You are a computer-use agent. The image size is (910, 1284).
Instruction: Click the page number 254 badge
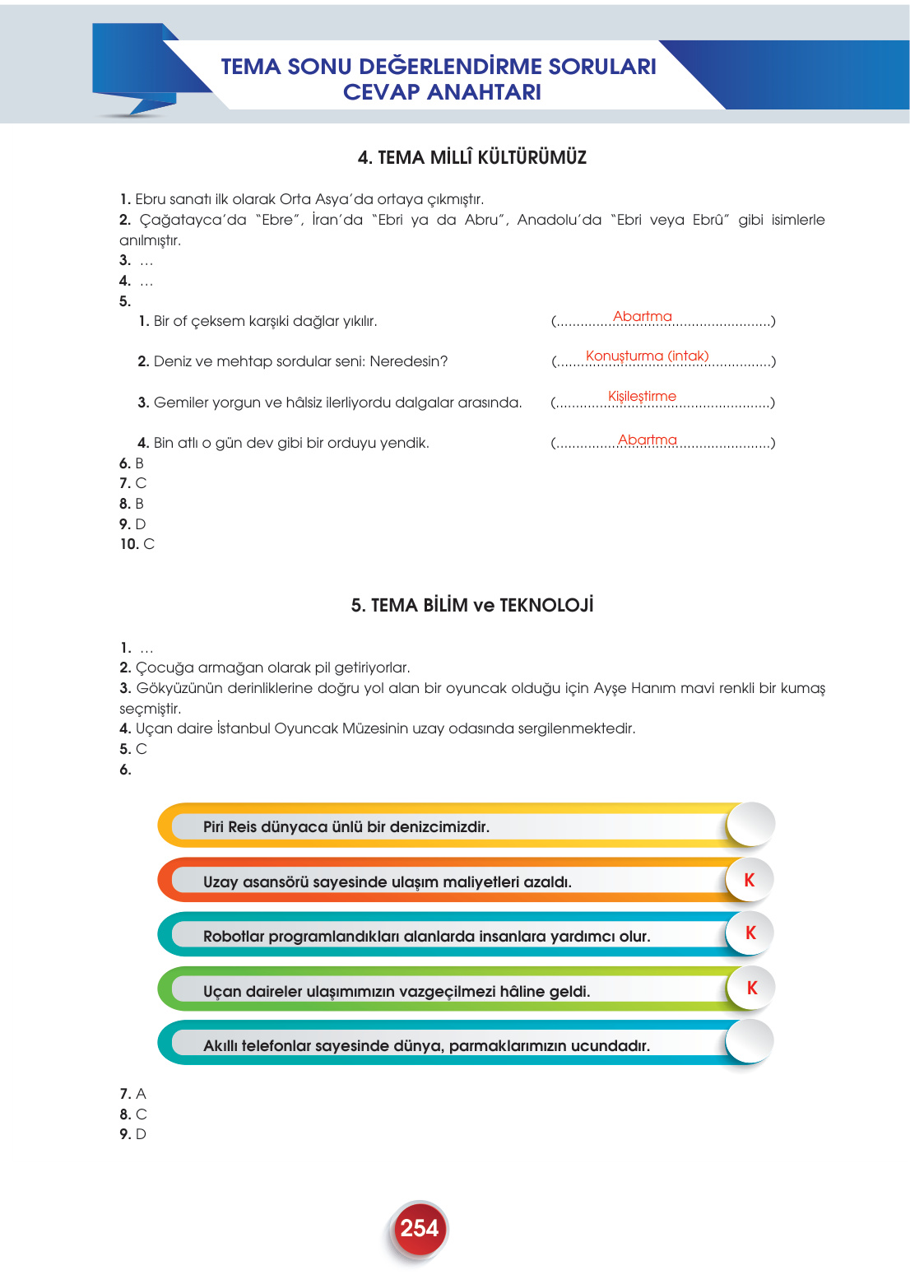(x=419, y=1229)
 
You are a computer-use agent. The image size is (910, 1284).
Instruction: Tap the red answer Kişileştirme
(x=642, y=396)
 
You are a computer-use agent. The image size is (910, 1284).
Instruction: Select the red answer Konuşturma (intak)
(x=647, y=356)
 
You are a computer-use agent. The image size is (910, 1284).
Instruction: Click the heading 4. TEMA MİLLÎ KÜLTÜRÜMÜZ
(x=471, y=157)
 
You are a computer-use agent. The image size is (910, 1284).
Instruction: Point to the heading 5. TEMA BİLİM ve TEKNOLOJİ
(x=471, y=605)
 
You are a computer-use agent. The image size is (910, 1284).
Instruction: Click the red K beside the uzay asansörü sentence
(x=750, y=880)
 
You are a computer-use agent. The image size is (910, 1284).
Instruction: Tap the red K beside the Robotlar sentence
(x=750, y=933)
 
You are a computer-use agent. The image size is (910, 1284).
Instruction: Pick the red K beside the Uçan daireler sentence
(x=751, y=988)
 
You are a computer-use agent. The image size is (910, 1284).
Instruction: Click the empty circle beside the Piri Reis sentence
(x=750, y=824)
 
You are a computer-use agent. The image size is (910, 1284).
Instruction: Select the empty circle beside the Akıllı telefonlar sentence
(x=750, y=1042)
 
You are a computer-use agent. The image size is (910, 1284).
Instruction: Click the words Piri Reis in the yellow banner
(x=230, y=826)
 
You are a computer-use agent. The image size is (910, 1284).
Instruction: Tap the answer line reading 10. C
(x=137, y=544)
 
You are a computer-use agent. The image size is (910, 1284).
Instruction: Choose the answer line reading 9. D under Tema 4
(x=132, y=524)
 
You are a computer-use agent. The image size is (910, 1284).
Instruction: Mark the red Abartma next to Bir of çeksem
(x=642, y=316)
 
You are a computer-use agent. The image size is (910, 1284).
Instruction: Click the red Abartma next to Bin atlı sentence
(x=647, y=440)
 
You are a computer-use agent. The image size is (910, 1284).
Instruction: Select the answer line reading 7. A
(x=132, y=1094)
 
